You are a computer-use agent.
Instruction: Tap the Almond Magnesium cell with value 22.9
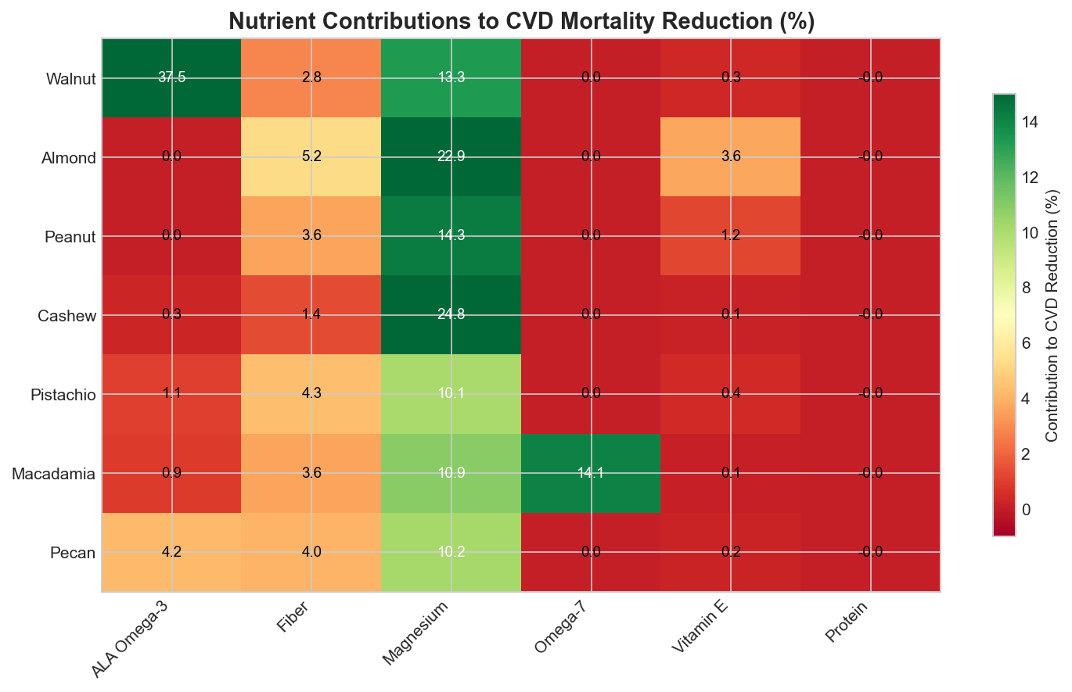click(x=451, y=157)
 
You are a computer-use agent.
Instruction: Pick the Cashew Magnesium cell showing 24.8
click(x=451, y=315)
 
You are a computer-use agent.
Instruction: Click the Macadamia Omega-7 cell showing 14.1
click(x=591, y=473)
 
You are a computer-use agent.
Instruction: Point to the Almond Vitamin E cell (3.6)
click(x=730, y=157)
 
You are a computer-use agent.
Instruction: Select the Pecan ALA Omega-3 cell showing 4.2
click(x=171, y=552)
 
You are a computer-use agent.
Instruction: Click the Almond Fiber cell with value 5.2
click(x=311, y=157)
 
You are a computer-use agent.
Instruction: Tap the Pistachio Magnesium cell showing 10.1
click(x=451, y=394)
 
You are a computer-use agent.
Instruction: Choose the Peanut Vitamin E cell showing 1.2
click(x=730, y=236)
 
